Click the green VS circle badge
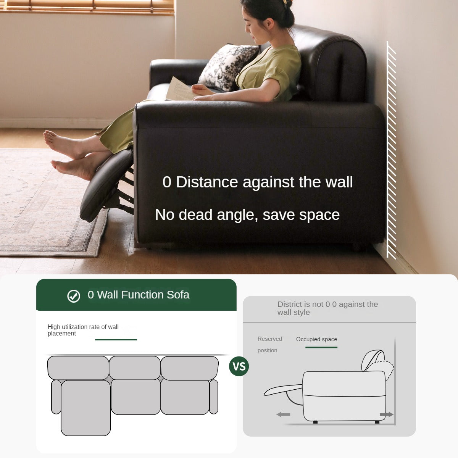(239, 366)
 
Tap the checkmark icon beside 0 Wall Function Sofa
(74, 296)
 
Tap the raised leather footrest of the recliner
(106, 185)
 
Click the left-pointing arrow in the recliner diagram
(283, 414)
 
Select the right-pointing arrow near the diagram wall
(387, 414)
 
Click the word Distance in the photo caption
(207, 182)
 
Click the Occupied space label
(316, 339)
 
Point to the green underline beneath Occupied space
(321, 347)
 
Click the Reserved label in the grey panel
(270, 339)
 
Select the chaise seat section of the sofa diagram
(86, 408)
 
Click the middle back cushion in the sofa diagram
(135, 368)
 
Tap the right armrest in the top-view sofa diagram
(213, 397)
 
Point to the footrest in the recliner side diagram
(283, 390)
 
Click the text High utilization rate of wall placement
(83, 330)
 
